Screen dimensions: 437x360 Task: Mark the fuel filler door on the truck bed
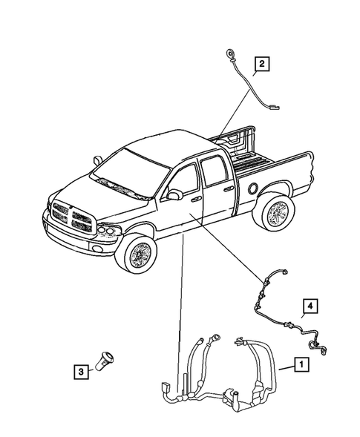coord(255,188)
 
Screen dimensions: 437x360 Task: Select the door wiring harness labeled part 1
coord(223,371)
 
